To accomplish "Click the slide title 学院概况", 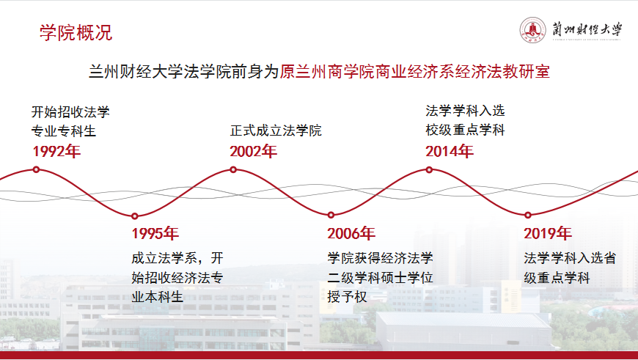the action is click(76, 32).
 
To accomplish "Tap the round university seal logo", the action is click(532, 30).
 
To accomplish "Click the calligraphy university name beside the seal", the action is click(587, 30).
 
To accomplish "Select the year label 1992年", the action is click(56, 151).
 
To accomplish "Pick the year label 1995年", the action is click(155, 233).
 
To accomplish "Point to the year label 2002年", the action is click(253, 151).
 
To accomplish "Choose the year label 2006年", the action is click(351, 233).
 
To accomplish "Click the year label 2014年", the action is click(450, 151).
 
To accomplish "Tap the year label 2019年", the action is click(548, 233).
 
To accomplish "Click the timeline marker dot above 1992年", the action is click(36, 169).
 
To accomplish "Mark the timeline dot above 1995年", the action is click(135, 216).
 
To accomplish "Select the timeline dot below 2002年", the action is click(233, 169).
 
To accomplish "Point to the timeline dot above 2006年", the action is click(331, 215).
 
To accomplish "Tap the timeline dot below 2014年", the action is click(429, 169).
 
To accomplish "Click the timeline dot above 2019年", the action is click(528, 215).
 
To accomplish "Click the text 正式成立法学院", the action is click(276, 131).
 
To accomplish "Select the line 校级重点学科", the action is click(465, 131).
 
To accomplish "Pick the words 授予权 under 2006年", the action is click(347, 296).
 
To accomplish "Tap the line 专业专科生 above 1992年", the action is click(64, 131).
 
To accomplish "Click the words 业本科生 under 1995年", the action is click(157, 296).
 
